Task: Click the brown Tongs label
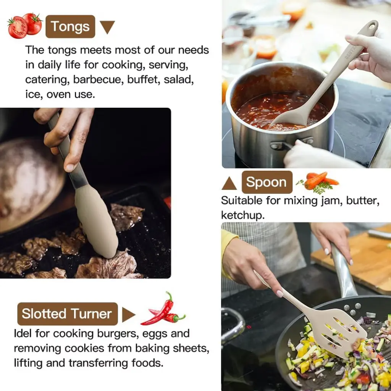tap(70, 26)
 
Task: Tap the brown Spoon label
tap(267, 182)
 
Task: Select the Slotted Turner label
tap(67, 314)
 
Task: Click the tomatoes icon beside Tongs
tap(25, 26)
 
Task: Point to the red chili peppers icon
tap(163, 309)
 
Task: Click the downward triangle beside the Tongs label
tap(107, 27)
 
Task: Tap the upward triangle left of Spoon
tap(229, 184)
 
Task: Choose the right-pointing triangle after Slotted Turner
tap(128, 315)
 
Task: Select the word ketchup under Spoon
tap(242, 215)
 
